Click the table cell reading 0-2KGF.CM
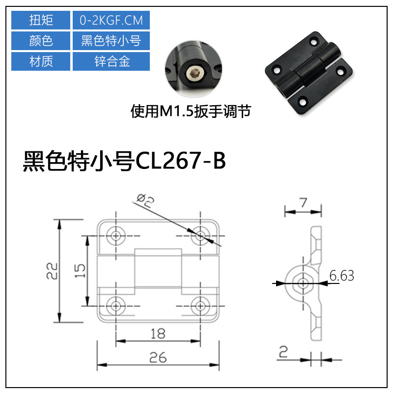tap(111, 21)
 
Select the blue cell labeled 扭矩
tap(41, 21)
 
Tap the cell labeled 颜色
tap(41, 41)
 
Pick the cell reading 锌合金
tap(111, 61)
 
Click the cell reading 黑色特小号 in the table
tap(111, 41)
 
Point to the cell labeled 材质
tap(41, 61)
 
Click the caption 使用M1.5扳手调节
tap(191, 112)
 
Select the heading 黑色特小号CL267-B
tap(124, 162)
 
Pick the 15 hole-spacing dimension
tap(81, 270)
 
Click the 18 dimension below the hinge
tap(157, 334)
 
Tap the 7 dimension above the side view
tap(304, 202)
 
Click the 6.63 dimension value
tap(341, 276)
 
